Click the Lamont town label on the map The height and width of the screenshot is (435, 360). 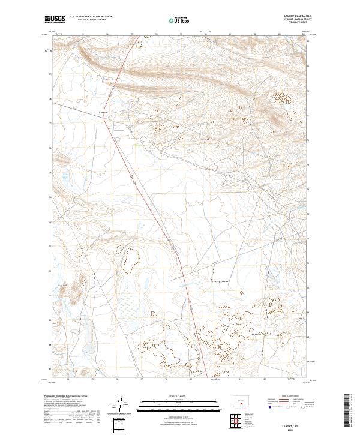click(103, 112)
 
